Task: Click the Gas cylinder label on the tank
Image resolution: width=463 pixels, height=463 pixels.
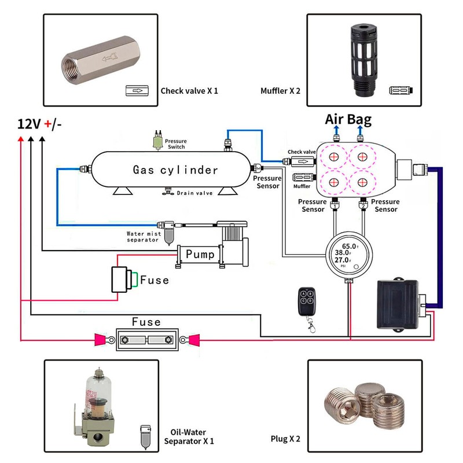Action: (x=175, y=170)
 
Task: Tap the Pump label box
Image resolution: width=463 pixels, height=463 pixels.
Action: (x=200, y=254)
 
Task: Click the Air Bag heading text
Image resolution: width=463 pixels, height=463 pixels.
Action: (x=348, y=120)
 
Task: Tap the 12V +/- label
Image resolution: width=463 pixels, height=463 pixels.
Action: (x=39, y=124)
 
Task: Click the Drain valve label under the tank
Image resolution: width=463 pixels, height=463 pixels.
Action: (x=195, y=193)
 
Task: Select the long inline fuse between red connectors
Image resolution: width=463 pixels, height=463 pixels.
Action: (x=147, y=339)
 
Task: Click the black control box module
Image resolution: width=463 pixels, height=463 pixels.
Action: (x=398, y=302)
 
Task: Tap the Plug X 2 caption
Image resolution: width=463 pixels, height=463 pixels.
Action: (x=285, y=438)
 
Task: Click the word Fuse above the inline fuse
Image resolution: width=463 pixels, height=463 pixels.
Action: (x=146, y=322)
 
